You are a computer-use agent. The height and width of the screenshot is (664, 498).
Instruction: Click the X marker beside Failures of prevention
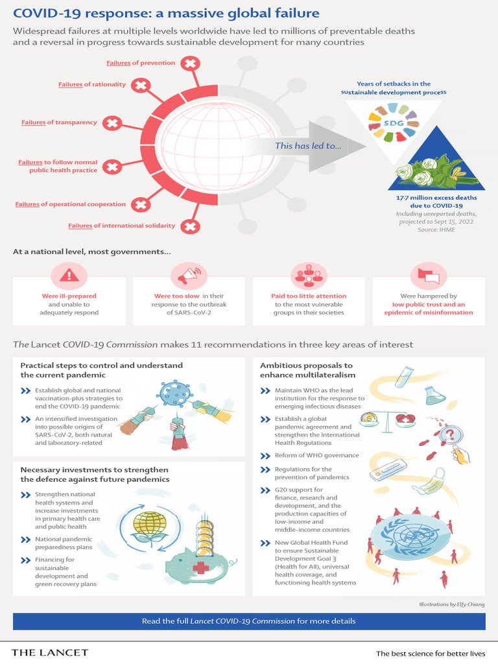point(190,64)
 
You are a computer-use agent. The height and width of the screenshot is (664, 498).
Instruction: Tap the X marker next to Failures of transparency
point(112,123)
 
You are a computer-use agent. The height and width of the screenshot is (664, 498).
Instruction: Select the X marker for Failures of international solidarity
point(190,226)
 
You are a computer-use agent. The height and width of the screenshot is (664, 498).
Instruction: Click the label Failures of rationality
point(92,84)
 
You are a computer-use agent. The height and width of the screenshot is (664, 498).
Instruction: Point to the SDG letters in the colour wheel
point(394,123)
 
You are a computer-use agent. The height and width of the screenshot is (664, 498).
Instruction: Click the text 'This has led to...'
point(308,146)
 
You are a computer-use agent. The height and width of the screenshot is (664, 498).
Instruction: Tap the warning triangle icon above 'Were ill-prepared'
point(69,276)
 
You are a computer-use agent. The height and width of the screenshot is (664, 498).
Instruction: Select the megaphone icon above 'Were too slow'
point(189,275)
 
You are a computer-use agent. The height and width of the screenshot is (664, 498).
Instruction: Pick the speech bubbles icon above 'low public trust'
point(429,276)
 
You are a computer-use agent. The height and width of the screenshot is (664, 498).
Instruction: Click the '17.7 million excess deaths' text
point(436,198)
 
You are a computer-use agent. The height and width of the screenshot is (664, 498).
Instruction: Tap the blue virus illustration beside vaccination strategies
point(174,393)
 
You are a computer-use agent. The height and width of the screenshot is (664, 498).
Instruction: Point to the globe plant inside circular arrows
point(150,527)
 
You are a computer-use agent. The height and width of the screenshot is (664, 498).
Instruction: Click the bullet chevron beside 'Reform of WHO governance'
point(265,456)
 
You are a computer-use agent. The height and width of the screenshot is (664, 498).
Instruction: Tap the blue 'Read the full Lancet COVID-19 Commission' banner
point(249,621)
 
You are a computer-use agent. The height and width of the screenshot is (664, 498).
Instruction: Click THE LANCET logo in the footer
point(50,652)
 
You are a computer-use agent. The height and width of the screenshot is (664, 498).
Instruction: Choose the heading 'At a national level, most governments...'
point(92,252)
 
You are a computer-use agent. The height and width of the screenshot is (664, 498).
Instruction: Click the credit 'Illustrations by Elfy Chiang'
point(452,604)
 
